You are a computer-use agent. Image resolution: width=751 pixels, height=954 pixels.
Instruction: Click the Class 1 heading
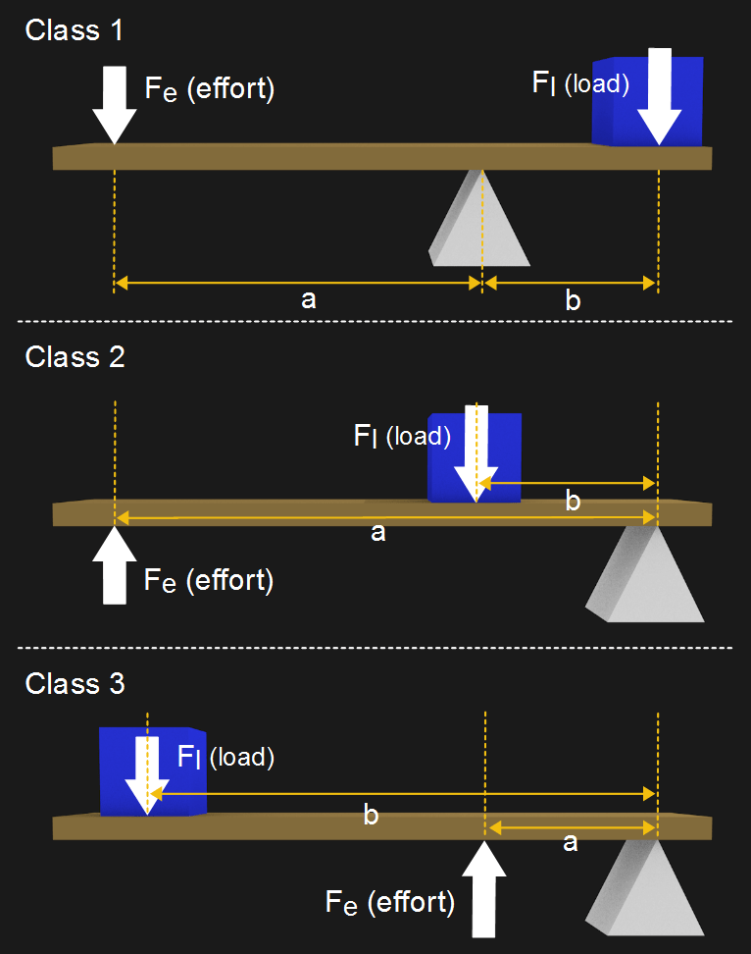click(75, 29)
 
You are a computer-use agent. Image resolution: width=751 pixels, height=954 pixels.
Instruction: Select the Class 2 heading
click(75, 356)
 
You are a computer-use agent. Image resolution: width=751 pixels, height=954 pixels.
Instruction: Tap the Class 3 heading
click(75, 683)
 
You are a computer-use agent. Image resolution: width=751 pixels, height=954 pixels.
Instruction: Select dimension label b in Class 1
click(573, 300)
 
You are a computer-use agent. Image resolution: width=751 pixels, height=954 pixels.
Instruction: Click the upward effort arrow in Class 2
click(114, 565)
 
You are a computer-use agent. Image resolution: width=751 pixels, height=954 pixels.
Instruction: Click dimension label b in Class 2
click(574, 503)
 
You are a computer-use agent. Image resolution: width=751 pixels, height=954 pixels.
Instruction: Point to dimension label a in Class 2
click(377, 532)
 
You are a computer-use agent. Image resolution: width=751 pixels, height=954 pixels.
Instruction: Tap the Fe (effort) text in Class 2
click(208, 580)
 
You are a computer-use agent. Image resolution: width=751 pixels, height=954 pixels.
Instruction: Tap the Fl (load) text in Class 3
click(225, 757)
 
